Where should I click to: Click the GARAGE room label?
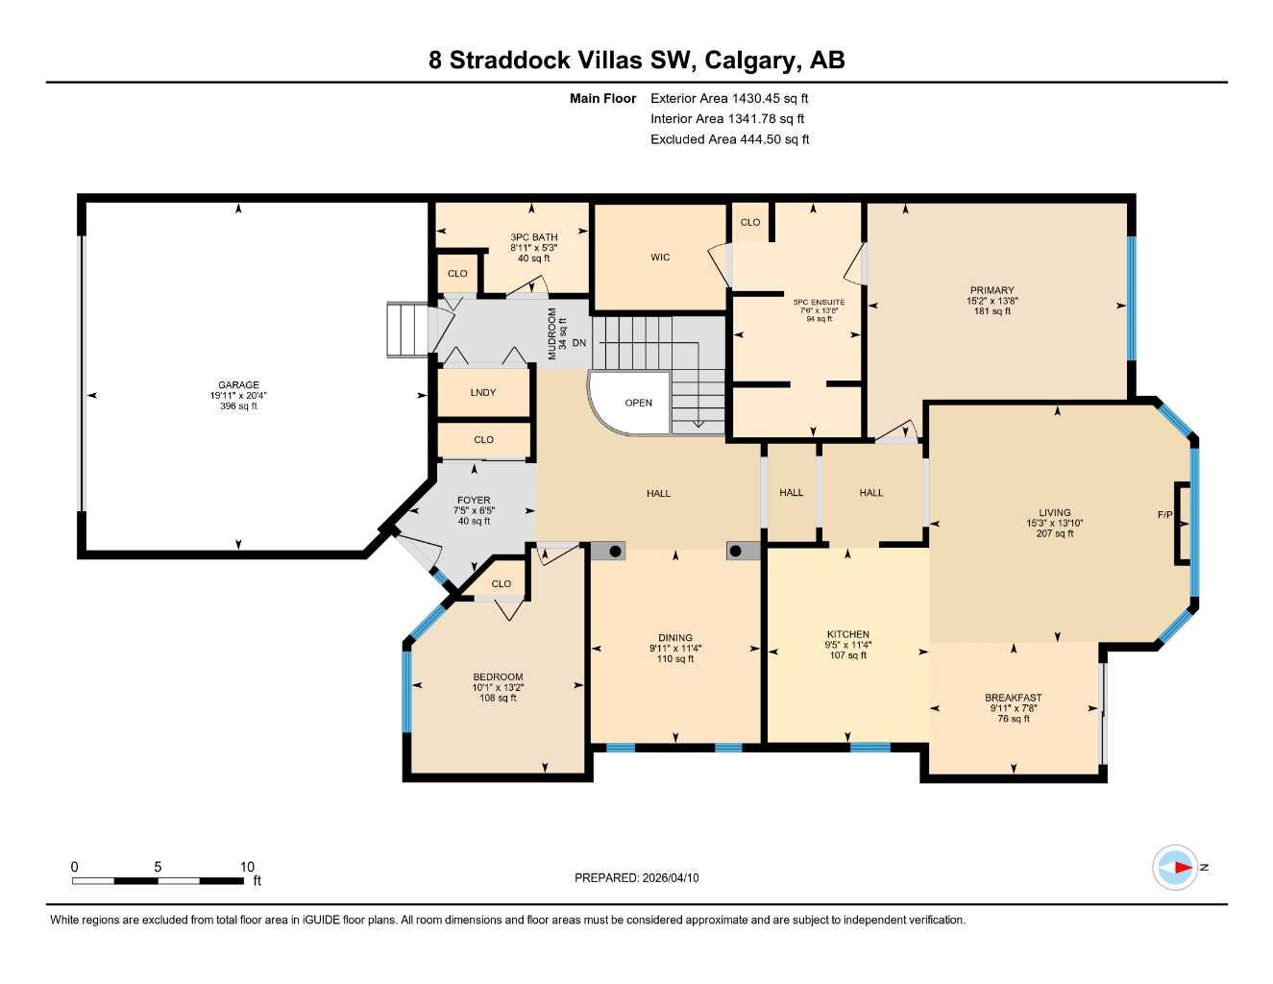point(237,385)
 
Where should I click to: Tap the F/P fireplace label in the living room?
point(1164,515)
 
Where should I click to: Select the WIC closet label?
point(660,258)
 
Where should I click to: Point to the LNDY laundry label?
point(483,393)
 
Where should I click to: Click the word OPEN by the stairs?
point(639,404)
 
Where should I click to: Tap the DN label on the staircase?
point(579,343)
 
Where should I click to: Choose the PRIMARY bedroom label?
point(991,290)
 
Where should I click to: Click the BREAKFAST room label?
point(1013,698)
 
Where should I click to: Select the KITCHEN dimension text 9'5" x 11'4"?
point(847,645)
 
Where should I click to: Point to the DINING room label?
point(675,638)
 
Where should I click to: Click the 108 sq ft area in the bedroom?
point(498,698)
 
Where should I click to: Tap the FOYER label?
point(474,501)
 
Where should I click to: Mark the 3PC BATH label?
point(533,237)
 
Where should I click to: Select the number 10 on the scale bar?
point(247,867)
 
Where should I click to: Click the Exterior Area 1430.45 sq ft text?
point(729,98)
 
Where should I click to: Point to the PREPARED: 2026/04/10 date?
point(637,877)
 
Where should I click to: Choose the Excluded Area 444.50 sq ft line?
point(729,139)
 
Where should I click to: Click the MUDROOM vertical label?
point(552,333)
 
